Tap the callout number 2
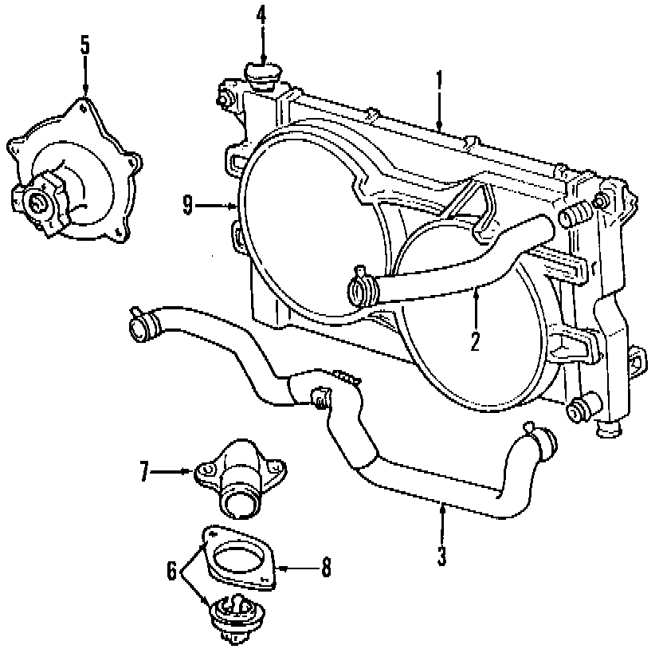point(475,342)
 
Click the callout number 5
point(85,45)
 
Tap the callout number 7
point(144,473)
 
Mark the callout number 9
point(187,206)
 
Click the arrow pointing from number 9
point(215,206)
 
